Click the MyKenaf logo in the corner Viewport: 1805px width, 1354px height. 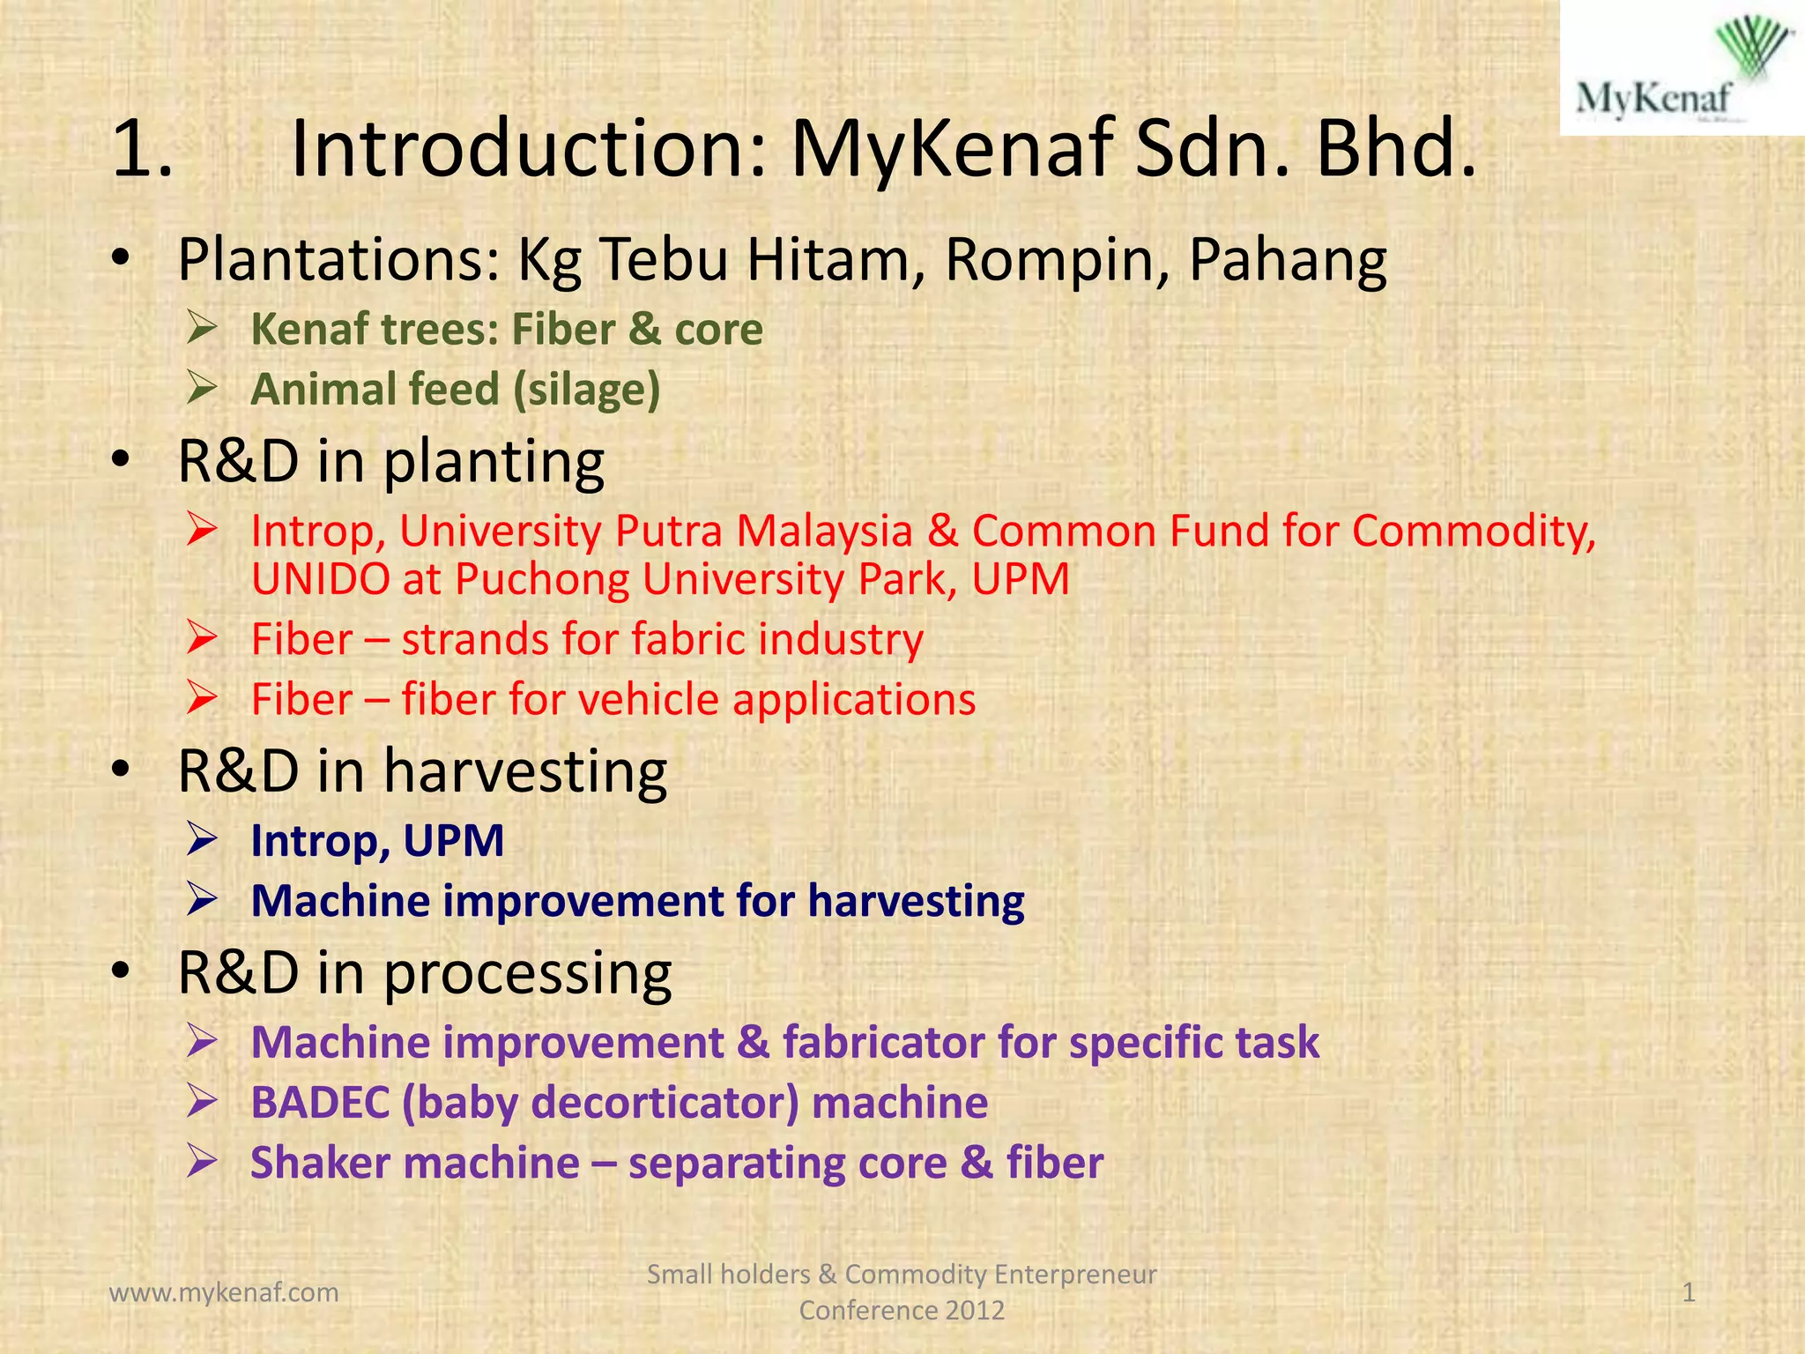click(1682, 68)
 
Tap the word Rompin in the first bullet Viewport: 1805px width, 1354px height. click(1058, 260)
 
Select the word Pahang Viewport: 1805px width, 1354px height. click(1288, 262)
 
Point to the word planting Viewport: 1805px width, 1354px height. click(494, 462)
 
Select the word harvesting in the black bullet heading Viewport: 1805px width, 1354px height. click(525, 771)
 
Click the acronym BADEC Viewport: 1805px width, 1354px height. click(320, 1103)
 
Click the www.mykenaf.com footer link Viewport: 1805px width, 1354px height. click(224, 1292)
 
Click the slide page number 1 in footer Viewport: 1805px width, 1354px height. click(1689, 1292)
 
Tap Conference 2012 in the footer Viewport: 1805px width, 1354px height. click(901, 1310)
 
